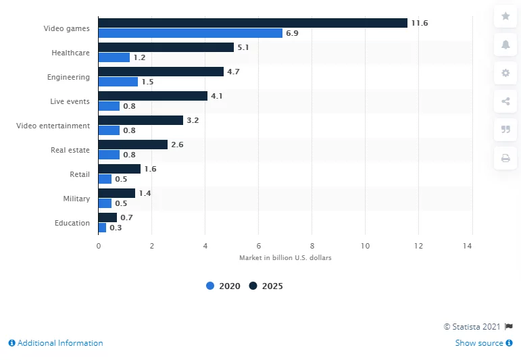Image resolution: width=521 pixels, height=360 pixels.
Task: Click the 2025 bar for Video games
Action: pyautogui.click(x=253, y=23)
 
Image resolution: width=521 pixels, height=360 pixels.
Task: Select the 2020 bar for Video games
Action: pyautogui.click(x=190, y=33)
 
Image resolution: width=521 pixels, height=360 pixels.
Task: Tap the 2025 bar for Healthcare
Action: pyautogui.click(x=166, y=47)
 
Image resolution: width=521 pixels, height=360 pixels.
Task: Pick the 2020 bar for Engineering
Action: pyautogui.click(x=118, y=82)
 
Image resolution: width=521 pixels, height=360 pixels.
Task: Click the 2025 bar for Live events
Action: pyautogui.click(x=153, y=96)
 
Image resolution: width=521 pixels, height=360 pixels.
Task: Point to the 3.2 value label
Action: pyautogui.click(x=193, y=120)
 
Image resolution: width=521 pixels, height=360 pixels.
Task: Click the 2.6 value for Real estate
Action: pyautogui.click(x=177, y=145)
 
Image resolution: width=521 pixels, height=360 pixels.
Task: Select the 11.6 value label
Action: pyautogui.click(x=420, y=23)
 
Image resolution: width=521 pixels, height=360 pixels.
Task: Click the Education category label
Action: pyautogui.click(x=72, y=223)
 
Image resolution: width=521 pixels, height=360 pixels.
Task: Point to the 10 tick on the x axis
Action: pyautogui.click(x=366, y=246)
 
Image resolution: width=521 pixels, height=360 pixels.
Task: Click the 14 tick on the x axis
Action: pyautogui.click(x=472, y=246)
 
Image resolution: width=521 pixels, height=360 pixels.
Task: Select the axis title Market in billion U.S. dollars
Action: pyautogui.click(x=285, y=258)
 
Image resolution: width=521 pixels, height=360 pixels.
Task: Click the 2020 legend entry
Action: pyautogui.click(x=224, y=286)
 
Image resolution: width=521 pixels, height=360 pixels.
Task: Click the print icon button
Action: pyautogui.click(x=505, y=159)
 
